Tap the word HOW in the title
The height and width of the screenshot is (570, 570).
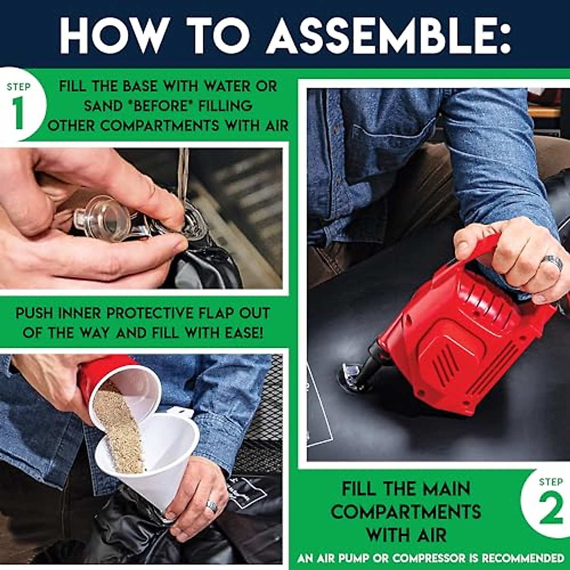click(115, 36)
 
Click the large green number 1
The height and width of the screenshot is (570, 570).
click(19, 113)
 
